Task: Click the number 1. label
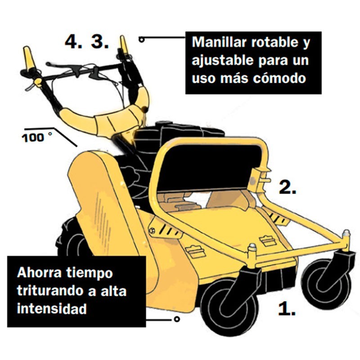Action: (x=287, y=309)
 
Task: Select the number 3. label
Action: (x=99, y=41)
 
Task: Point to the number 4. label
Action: (x=73, y=41)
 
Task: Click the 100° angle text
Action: (x=37, y=138)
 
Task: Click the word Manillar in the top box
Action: (x=219, y=42)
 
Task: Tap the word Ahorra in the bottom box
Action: (x=39, y=273)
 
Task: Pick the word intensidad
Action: (x=52, y=308)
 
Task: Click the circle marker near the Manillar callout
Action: (x=142, y=40)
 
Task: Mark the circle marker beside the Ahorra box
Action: (x=176, y=319)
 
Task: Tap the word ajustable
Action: (x=222, y=60)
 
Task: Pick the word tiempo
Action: (x=90, y=273)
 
